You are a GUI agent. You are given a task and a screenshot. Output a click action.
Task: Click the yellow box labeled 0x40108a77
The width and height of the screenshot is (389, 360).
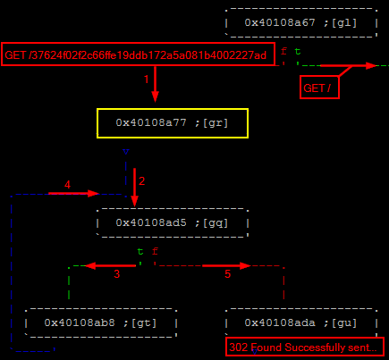click(x=173, y=123)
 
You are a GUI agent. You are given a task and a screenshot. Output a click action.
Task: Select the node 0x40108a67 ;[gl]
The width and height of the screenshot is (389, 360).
click(x=301, y=23)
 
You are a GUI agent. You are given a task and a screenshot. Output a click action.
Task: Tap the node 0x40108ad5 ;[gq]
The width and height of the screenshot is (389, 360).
click(x=173, y=223)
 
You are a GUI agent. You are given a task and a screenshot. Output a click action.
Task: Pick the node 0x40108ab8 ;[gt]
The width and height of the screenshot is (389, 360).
click(x=101, y=323)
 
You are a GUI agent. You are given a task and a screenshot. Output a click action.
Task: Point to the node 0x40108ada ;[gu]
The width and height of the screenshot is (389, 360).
click(x=301, y=323)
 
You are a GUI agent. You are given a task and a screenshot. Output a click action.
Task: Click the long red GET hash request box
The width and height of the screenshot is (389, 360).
click(x=138, y=54)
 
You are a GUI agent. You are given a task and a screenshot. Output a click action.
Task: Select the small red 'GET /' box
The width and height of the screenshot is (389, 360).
click(x=319, y=88)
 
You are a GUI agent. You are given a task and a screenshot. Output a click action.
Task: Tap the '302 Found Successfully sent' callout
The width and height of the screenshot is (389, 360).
click(x=305, y=347)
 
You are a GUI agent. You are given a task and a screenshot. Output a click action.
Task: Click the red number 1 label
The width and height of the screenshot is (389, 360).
click(x=146, y=80)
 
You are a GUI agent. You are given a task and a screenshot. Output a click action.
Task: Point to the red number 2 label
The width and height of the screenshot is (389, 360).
click(x=142, y=181)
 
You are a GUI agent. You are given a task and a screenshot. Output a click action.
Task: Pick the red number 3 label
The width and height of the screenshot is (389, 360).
click(x=117, y=274)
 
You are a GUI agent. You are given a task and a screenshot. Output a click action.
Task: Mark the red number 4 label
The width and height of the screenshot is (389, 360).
click(x=67, y=185)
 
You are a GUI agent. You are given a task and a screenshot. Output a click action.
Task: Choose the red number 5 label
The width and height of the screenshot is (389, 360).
click(x=228, y=274)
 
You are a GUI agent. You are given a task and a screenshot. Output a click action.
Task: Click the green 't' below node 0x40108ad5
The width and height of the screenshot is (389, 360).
click(x=140, y=252)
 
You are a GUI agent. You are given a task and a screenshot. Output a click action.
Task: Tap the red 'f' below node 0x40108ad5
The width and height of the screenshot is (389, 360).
click(x=155, y=252)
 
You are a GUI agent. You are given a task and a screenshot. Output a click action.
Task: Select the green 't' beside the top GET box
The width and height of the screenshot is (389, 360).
click(x=298, y=52)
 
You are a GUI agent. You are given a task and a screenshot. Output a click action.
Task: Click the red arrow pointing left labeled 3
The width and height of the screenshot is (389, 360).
click(x=111, y=265)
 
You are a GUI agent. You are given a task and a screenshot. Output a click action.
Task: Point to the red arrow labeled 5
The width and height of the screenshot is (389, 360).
click(x=226, y=265)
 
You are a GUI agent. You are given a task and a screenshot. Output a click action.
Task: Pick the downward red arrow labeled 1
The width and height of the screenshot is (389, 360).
click(x=155, y=84)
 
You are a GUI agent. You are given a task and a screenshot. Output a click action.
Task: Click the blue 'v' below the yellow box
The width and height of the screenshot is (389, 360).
click(x=126, y=152)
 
